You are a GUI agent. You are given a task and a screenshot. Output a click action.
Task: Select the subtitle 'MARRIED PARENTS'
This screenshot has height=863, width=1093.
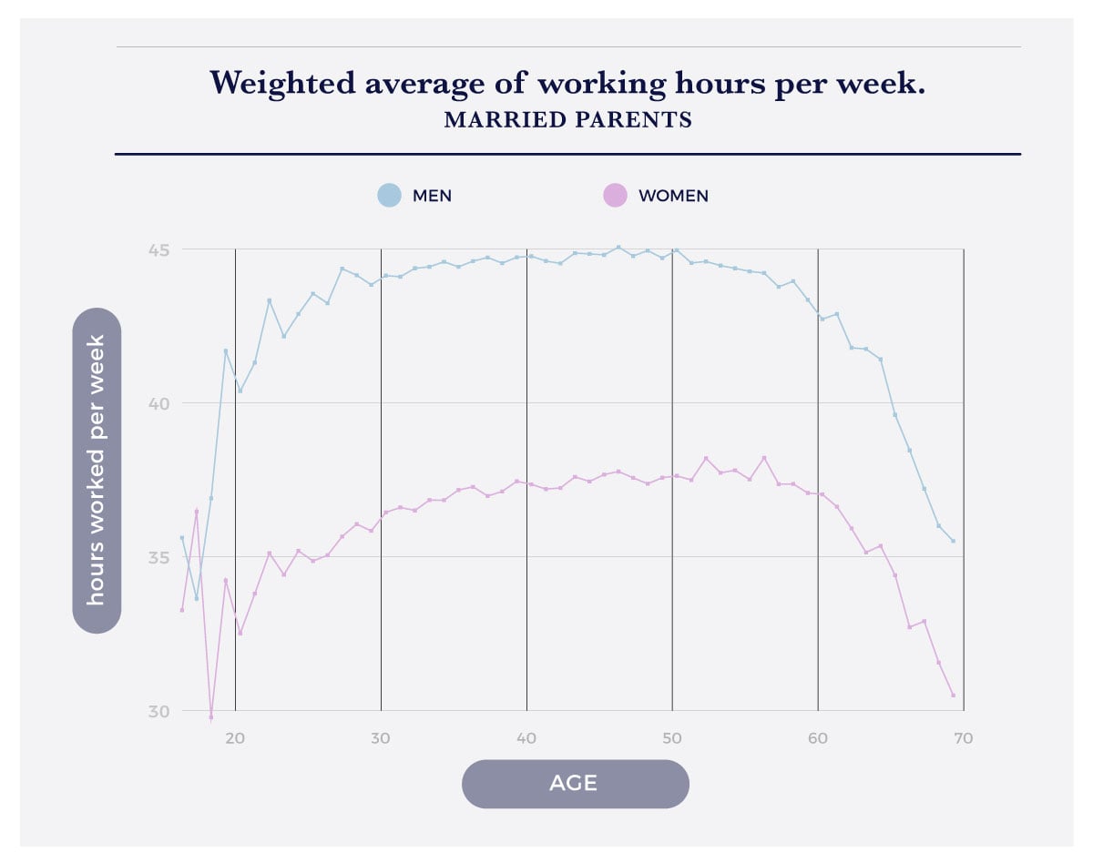click(567, 120)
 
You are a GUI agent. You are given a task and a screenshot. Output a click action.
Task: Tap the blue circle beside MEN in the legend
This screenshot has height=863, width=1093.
click(389, 195)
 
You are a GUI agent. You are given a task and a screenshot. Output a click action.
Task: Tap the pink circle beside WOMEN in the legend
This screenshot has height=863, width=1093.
click(615, 195)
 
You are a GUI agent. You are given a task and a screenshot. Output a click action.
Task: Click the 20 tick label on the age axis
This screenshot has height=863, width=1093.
click(235, 738)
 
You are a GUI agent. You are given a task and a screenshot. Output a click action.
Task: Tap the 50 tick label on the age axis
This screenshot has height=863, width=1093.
click(672, 738)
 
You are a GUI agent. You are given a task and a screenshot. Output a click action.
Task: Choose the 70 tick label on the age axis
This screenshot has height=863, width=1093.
click(964, 738)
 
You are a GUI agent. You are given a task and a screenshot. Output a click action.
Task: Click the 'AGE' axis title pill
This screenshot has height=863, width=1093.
click(575, 784)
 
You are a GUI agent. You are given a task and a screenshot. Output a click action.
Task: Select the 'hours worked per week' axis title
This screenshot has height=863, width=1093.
click(97, 471)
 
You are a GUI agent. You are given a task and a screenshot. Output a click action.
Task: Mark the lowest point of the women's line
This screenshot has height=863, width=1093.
click(210, 717)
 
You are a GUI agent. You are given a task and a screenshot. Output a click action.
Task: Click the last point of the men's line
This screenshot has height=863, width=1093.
click(953, 541)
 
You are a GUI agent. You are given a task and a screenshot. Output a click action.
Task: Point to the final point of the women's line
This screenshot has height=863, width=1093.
click(953, 695)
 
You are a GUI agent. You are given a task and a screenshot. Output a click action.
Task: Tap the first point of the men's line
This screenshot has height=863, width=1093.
click(182, 537)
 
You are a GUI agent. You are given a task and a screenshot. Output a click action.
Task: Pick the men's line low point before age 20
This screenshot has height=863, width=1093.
click(196, 598)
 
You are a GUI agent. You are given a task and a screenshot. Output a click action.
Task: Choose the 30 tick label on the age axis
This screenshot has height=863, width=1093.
click(381, 738)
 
